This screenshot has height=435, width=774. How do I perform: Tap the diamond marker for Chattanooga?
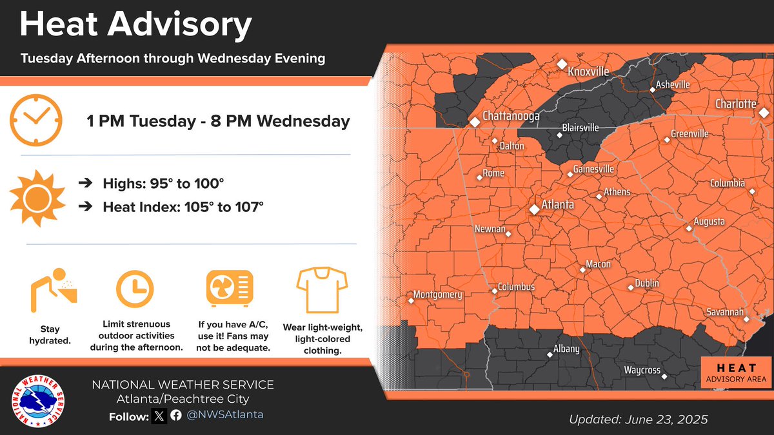475,121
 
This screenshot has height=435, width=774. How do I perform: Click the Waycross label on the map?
642,370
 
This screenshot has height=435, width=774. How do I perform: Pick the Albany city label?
566,349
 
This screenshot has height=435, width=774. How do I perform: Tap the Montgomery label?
438,295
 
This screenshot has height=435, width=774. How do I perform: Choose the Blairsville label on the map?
580,128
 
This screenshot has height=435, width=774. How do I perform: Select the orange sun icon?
36,197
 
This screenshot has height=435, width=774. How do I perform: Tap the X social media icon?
159,416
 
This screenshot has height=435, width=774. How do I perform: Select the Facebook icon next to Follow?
175,416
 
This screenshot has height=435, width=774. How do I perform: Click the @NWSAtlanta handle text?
225,415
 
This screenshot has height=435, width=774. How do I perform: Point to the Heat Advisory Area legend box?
735,373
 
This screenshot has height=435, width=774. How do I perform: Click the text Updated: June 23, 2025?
638,420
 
